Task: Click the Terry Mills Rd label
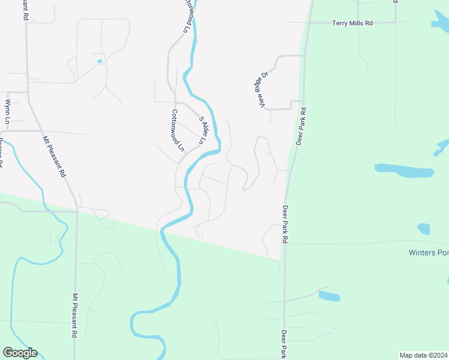point(352,23)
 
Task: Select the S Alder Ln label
point(203,130)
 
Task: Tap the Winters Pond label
point(428,253)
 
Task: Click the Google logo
point(20,353)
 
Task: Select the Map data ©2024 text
point(423,355)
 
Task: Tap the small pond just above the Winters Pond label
point(424,229)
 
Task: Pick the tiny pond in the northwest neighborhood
point(99,61)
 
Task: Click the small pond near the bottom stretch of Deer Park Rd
point(329,296)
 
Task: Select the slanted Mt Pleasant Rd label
point(53,157)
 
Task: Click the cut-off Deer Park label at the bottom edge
point(282,343)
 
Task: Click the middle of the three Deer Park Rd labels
point(285,224)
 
